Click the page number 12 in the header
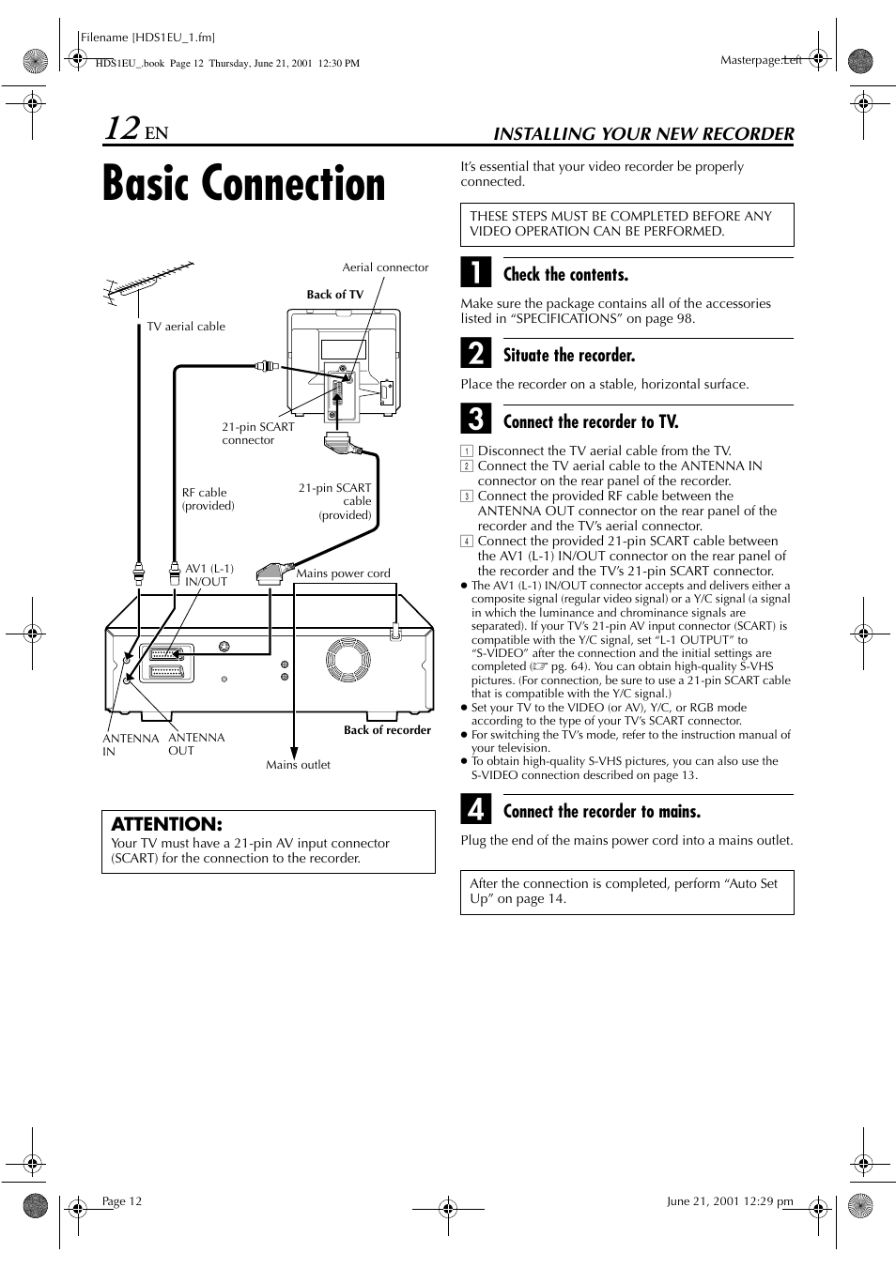(x=122, y=129)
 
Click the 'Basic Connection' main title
(x=244, y=184)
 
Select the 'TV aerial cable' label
(x=186, y=327)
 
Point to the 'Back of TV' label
(x=334, y=295)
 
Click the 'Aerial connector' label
(x=385, y=267)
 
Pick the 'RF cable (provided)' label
(x=208, y=498)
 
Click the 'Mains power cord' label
(x=343, y=573)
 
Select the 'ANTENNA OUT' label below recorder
(x=196, y=743)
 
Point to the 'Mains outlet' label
(x=298, y=765)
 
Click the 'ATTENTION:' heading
(x=166, y=824)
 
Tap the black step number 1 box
(x=476, y=273)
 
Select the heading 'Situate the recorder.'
(x=569, y=356)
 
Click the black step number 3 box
(x=476, y=420)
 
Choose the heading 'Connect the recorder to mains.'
(x=602, y=812)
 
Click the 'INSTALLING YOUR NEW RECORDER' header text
(x=643, y=134)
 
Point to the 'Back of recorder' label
(x=387, y=730)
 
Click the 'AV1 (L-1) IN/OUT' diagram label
(x=209, y=575)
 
